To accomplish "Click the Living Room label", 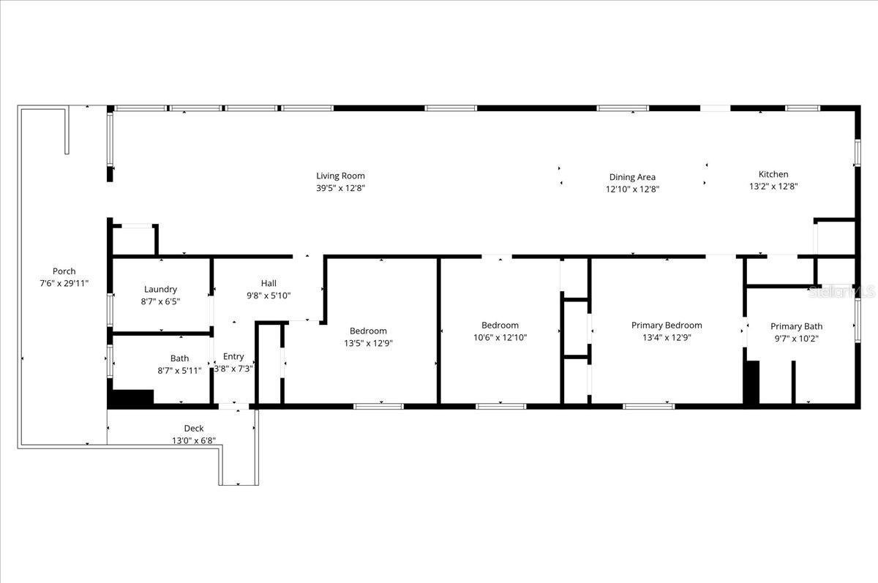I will click(x=340, y=176).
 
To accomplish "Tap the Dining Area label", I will click(x=632, y=177).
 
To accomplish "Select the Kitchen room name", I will click(x=773, y=174).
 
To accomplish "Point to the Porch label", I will click(x=64, y=271).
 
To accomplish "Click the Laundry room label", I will click(x=160, y=290).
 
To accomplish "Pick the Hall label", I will click(x=269, y=283).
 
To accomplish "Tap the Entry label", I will click(x=233, y=357).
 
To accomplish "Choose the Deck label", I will click(x=194, y=429).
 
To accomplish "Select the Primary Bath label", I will click(x=796, y=326).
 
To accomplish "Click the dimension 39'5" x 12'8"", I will click(x=340, y=188).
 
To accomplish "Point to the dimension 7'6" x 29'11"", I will click(x=64, y=283).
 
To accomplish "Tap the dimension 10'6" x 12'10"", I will click(x=500, y=337).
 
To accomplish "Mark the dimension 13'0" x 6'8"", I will click(x=194, y=440).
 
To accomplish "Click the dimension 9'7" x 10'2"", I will click(x=796, y=338).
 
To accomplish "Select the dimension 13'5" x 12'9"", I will click(x=368, y=342).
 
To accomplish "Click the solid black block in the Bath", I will click(x=131, y=399).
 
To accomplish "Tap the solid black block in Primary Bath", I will click(x=751, y=382).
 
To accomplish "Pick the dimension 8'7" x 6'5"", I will click(x=160, y=301).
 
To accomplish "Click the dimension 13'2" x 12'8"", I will click(x=773, y=186).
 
